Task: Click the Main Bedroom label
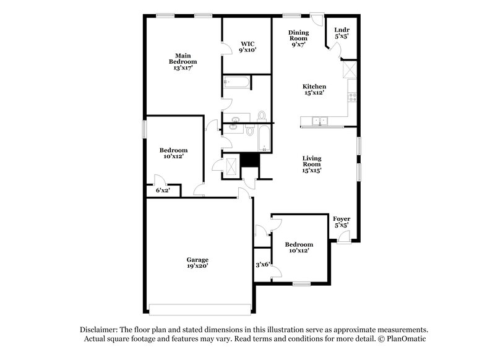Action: [x=183, y=61]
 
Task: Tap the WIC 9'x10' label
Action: [x=247, y=47]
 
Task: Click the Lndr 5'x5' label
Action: [x=341, y=33]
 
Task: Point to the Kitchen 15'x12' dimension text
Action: [x=314, y=93]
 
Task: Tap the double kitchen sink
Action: [x=320, y=121]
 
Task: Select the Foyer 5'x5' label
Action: [x=342, y=223]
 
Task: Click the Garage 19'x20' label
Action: [x=198, y=263]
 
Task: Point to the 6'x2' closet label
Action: [x=162, y=191]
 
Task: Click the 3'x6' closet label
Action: [x=262, y=265]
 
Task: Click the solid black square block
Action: [x=249, y=160]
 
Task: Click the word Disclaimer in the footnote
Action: [x=101, y=330]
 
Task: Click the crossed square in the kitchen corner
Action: [x=350, y=69]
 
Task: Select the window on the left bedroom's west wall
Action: [x=145, y=129]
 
